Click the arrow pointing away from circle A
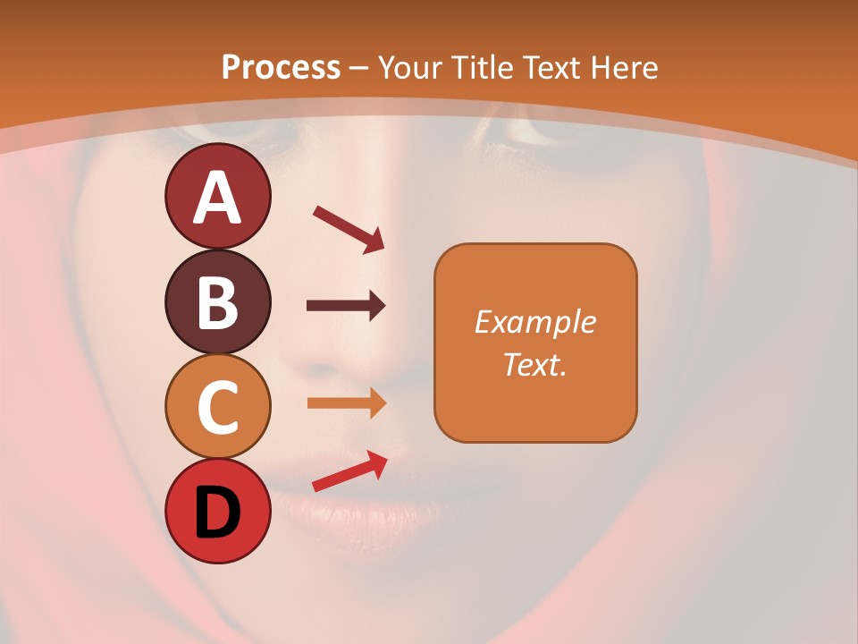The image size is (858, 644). (348, 229)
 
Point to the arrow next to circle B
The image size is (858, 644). (346, 307)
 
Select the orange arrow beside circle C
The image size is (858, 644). (346, 403)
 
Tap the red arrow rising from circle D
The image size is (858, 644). (349, 471)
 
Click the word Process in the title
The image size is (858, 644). (281, 67)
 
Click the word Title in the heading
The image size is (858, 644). (481, 67)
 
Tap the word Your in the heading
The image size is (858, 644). (409, 67)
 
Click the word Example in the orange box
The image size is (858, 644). (535, 322)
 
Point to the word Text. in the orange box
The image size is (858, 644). (535, 364)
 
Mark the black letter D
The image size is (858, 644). (218, 513)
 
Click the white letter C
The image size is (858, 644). (218, 407)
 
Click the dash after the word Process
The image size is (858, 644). (359, 68)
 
